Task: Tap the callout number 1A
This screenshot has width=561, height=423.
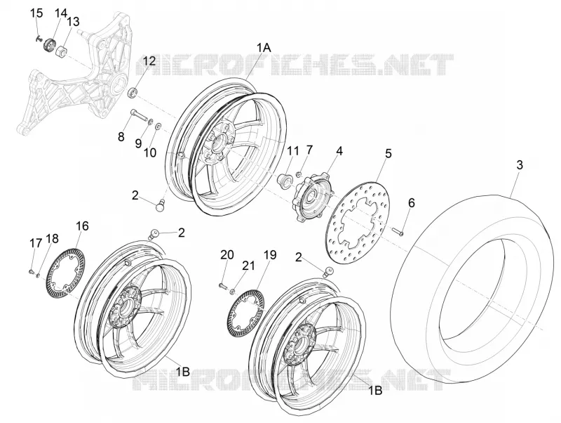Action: [x=264, y=48]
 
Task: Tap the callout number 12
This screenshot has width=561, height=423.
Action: [x=150, y=61]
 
